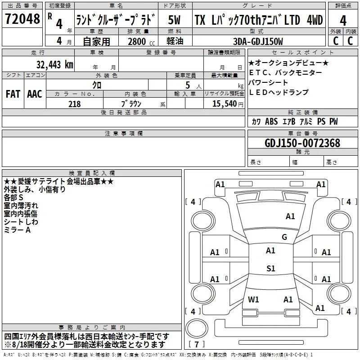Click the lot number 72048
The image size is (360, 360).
coord(22,19)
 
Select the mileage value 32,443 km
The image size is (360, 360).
coord(55,64)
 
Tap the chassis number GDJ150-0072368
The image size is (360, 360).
coord(302,143)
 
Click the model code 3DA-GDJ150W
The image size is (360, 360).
coord(258,41)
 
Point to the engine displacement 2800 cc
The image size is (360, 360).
coord(141,41)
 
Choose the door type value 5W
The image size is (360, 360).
coord(174,20)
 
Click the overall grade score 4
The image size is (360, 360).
coord(343,20)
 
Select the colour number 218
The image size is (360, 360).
coord(74,104)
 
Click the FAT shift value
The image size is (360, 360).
coord(13,94)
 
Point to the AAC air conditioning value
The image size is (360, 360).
coord(35,94)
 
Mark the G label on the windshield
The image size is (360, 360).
coord(284,237)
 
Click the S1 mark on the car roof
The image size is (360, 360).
coord(271,268)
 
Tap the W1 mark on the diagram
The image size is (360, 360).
coord(253,299)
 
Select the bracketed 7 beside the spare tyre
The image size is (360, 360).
coord(197,344)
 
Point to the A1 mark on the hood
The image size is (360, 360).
coord(290,216)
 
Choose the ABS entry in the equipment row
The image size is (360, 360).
coord(271,121)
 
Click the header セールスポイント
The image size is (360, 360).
coord(302,53)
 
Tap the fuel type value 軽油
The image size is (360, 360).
coord(175,41)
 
